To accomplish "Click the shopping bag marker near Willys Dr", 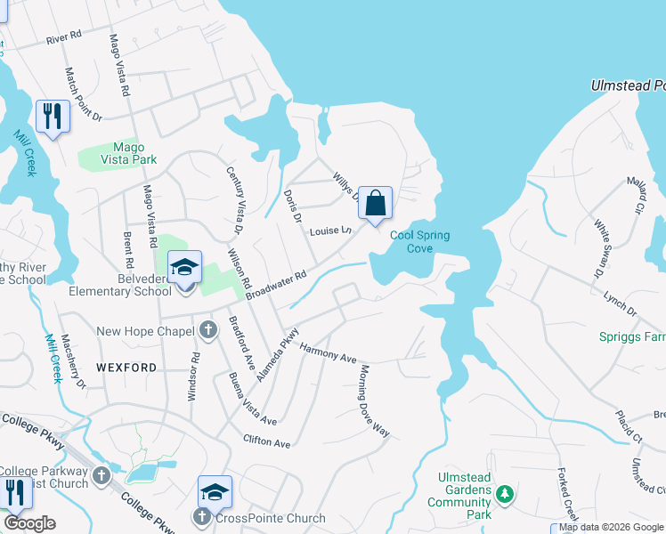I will coord(376,202).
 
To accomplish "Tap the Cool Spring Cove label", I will coord(419,241).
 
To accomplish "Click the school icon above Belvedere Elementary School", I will coord(184,267).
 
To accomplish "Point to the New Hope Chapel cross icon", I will coord(207,331).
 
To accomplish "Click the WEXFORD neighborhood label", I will coord(126,367).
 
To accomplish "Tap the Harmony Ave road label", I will coord(328,352).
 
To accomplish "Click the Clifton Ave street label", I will coord(267,441).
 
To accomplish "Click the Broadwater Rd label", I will coord(276,285).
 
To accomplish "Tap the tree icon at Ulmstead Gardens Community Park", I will coord(505,492).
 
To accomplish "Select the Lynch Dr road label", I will coord(621,303).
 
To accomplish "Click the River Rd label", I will coord(63,37).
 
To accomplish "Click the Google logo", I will coord(29,522).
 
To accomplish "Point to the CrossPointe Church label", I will coord(270,518).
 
